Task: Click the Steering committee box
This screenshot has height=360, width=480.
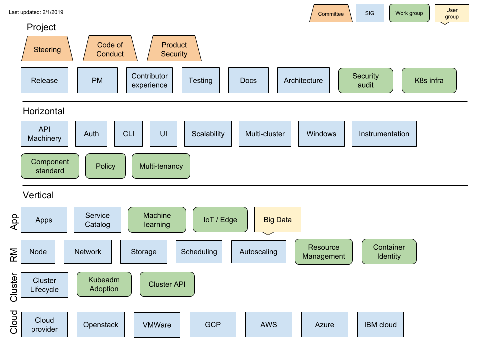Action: click(47, 49)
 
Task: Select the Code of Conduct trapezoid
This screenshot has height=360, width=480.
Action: click(110, 49)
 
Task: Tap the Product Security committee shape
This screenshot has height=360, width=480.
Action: click(174, 49)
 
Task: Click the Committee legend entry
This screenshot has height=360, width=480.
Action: click(331, 14)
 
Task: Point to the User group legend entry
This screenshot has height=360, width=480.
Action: click(452, 13)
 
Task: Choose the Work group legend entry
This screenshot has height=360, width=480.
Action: click(409, 13)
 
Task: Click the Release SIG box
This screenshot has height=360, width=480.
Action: click(44, 80)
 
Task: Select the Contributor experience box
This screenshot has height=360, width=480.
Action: click(149, 80)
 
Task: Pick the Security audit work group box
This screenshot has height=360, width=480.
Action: click(365, 80)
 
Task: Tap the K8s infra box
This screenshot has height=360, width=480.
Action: click(429, 80)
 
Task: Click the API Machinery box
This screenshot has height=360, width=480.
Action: click(44, 134)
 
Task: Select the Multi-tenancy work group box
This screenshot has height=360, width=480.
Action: click(161, 166)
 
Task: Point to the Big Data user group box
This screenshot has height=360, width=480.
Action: click(277, 220)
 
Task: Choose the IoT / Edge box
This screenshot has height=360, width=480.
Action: click(220, 220)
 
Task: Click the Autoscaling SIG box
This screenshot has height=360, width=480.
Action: click(258, 252)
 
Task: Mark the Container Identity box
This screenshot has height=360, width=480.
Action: click(389, 252)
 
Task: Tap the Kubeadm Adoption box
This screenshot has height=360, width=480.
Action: click(104, 284)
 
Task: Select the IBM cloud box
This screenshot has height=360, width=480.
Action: click(380, 325)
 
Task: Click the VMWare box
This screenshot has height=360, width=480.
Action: click(157, 325)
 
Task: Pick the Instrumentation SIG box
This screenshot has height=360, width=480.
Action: click(384, 134)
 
